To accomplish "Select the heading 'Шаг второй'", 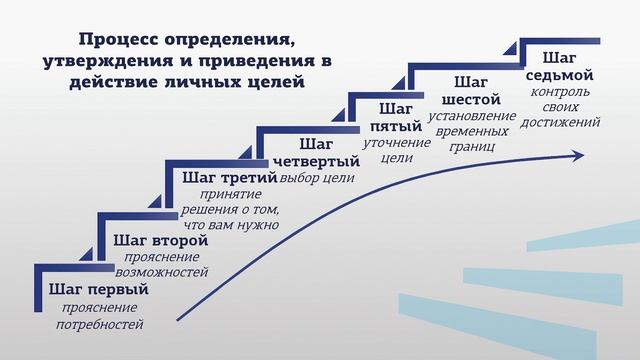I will pyautogui.click(x=161, y=240).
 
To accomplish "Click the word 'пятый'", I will pyautogui.click(x=397, y=126).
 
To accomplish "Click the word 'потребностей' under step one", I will pyautogui.click(x=100, y=324).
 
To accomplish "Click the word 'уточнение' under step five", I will pyautogui.click(x=397, y=142).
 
